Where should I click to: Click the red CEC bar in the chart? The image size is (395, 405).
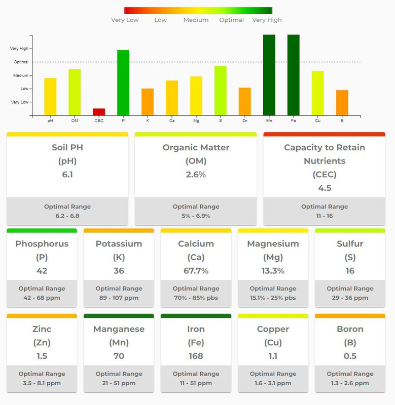pos(99,112)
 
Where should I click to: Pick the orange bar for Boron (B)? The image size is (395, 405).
pos(342,103)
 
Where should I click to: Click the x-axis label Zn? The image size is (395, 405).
pos(245,120)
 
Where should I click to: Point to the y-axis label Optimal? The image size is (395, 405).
pos(21,62)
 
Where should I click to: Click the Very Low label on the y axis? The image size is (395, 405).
pos(20,102)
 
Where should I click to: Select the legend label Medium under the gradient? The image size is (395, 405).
pos(196,20)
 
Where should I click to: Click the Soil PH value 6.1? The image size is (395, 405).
pos(67,174)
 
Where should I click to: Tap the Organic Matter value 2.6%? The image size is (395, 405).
pos(196,174)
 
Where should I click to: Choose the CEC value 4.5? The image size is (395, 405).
pos(324,188)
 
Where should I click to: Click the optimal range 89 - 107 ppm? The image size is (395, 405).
pos(119,298)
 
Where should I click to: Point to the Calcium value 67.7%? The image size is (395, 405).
pos(196,271)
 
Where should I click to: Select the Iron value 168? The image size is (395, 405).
pos(196,356)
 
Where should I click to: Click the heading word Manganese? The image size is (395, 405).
pos(119,329)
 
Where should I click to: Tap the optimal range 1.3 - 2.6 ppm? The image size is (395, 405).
pos(350,383)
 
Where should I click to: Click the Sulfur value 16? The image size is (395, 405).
pos(350,271)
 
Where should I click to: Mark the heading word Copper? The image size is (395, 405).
pos(273,329)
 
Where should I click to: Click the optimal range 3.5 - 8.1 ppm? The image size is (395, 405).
pos(42,383)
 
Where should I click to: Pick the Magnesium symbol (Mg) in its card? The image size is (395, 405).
pos(273,257)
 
